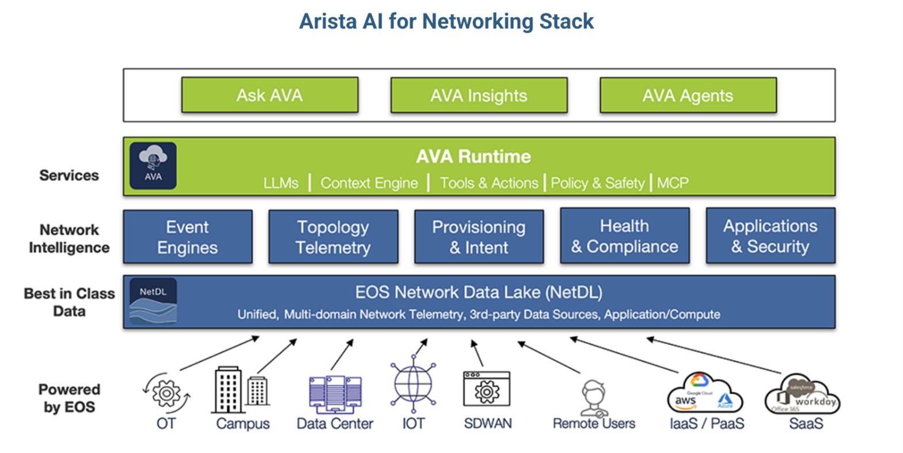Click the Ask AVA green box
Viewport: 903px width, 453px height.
tap(270, 95)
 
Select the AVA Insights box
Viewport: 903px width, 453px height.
tap(479, 95)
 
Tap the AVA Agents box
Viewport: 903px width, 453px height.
tap(688, 95)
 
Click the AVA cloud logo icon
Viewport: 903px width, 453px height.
tap(153, 166)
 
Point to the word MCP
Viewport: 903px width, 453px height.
tap(673, 183)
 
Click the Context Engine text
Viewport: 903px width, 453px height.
tap(369, 183)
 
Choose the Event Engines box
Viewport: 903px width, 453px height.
tap(188, 237)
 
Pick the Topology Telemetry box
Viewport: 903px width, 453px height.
tap(333, 237)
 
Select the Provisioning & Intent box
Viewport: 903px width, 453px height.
tap(479, 237)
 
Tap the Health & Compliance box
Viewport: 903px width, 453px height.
tap(624, 236)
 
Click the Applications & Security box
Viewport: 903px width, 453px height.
tap(770, 236)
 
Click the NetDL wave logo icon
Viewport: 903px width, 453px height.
tap(153, 301)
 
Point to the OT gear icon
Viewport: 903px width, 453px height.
tap(166, 393)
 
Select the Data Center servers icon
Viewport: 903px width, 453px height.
tap(335, 394)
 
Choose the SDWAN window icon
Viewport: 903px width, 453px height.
tap(487, 390)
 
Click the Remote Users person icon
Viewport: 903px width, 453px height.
tap(594, 397)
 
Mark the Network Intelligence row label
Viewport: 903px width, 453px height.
tap(69, 238)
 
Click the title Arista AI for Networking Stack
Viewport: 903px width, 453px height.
tap(446, 21)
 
